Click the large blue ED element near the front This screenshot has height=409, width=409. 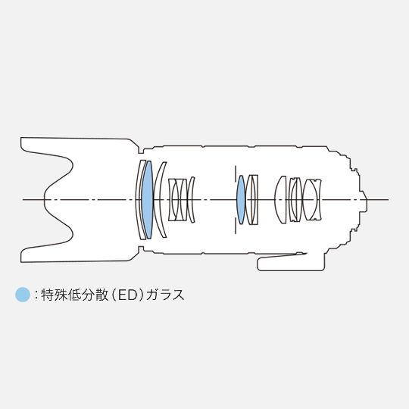148,199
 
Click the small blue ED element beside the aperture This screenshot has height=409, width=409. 241,199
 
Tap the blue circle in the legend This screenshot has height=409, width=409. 23,295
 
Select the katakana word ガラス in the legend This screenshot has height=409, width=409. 165,295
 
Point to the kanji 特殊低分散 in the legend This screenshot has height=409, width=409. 74,295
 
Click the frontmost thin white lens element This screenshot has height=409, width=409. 139,199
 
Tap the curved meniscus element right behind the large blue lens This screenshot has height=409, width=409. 158,199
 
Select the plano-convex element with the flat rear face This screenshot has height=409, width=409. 280,199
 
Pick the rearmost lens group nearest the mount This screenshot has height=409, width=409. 312,199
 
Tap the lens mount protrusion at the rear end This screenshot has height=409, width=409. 364,199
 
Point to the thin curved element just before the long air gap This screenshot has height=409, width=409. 191,199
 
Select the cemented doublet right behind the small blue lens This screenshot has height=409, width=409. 252,199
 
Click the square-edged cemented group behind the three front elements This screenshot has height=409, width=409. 177,199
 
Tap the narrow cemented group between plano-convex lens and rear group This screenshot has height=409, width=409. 295,199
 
